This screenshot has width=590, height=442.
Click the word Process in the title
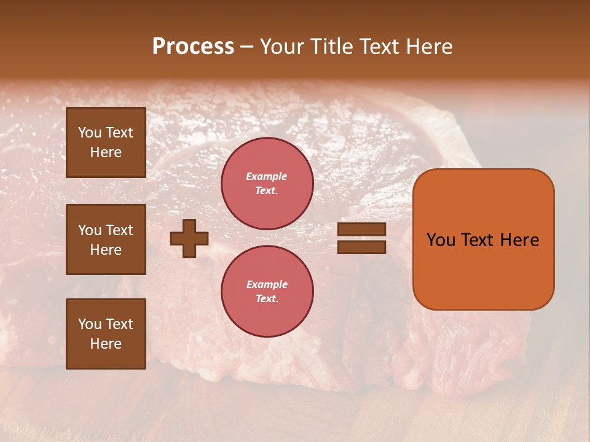point(193,47)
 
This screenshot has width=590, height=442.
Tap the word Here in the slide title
point(428,47)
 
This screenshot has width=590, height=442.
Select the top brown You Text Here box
point(106,142)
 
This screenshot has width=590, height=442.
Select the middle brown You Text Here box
point(106,239)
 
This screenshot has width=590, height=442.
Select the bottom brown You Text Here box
point(106,334)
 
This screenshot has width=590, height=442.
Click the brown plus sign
point(189,239)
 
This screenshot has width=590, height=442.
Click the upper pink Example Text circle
point(267,184)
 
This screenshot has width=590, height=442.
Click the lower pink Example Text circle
point(267,291)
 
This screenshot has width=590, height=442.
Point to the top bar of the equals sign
point(361,230)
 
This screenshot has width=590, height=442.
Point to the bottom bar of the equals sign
point(361,247)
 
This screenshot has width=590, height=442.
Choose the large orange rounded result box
point(483,239)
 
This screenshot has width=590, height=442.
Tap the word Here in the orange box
point(519,240)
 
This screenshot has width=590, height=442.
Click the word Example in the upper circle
point(267,176)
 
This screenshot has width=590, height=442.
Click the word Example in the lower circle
point(267,284)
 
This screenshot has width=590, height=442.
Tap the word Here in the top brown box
point(106,152)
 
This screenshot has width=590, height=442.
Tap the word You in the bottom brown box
point(90,324)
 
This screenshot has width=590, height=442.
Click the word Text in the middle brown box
point(119,230)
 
